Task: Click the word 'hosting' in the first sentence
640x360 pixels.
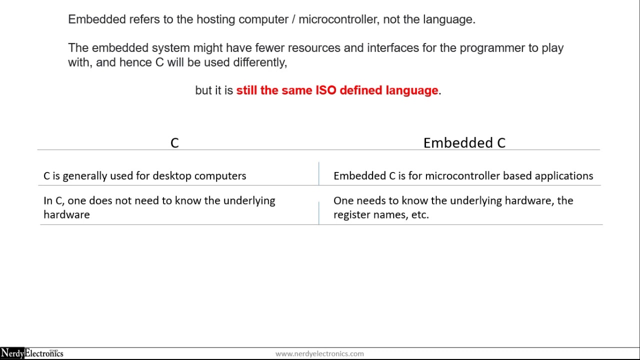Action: coord(215,19)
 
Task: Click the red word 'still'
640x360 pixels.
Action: coord(246,90)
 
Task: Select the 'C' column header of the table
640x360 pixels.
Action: coord(174,143)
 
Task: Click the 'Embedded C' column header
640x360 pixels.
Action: coord(464,143)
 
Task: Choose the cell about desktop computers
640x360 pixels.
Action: coord(145,176)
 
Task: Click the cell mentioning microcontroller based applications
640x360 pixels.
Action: coord(463,176)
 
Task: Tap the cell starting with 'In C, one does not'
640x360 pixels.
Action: coord(159,207)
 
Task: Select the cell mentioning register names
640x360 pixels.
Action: coord(453,207)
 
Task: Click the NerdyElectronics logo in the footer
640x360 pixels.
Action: coord(32,353)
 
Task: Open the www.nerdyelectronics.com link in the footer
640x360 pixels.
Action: coord(319,353)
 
